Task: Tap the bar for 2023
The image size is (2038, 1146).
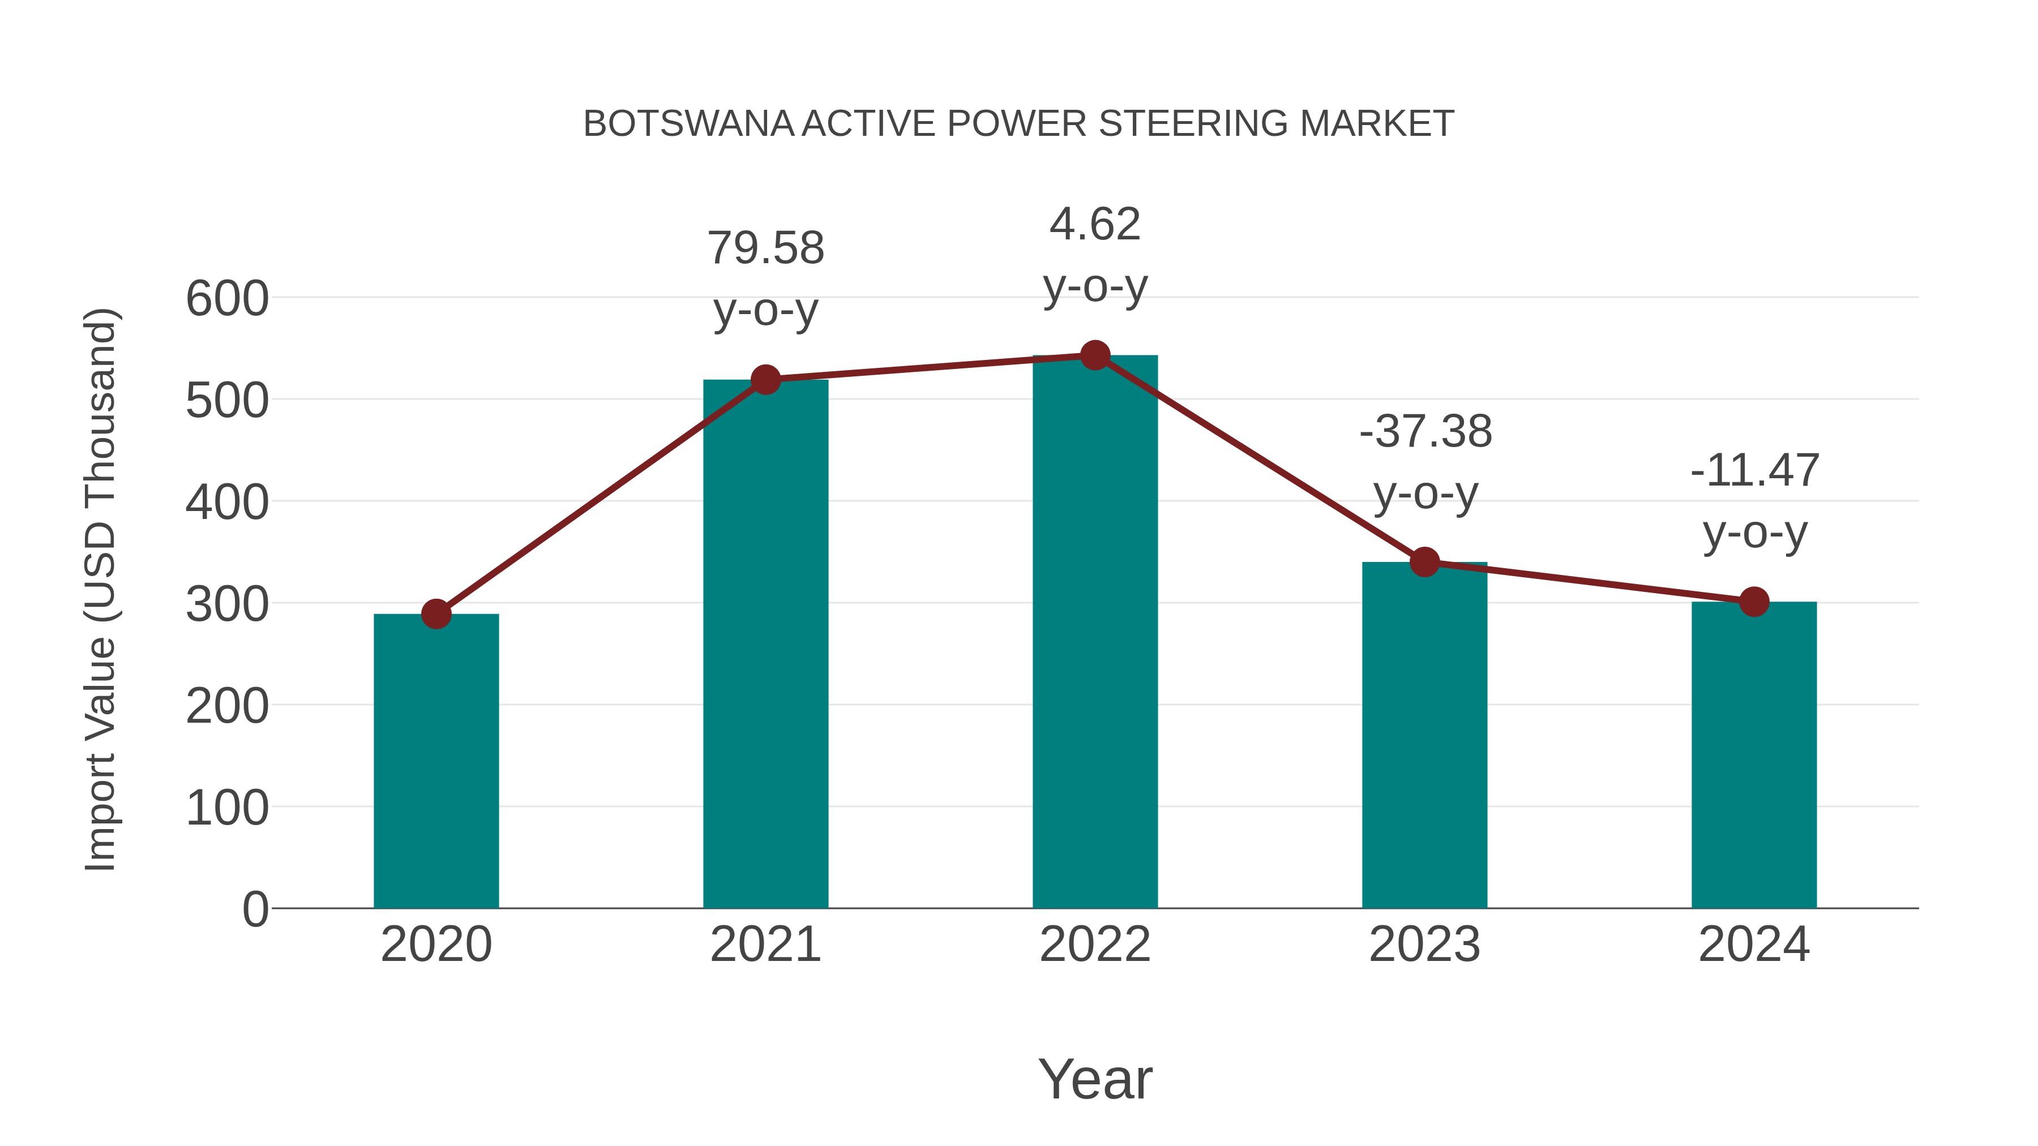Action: [1424, 736]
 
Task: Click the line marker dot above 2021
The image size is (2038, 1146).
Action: [766, 380]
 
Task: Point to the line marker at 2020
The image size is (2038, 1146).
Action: [436, 613]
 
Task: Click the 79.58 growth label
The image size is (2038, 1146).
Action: [766, 248]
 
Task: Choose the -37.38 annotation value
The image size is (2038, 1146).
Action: [1425, 432]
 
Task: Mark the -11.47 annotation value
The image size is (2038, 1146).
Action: [1755, 471]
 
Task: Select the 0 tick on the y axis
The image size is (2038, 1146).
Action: [255, 909]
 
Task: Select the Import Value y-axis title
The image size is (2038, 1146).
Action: [101, 589]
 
